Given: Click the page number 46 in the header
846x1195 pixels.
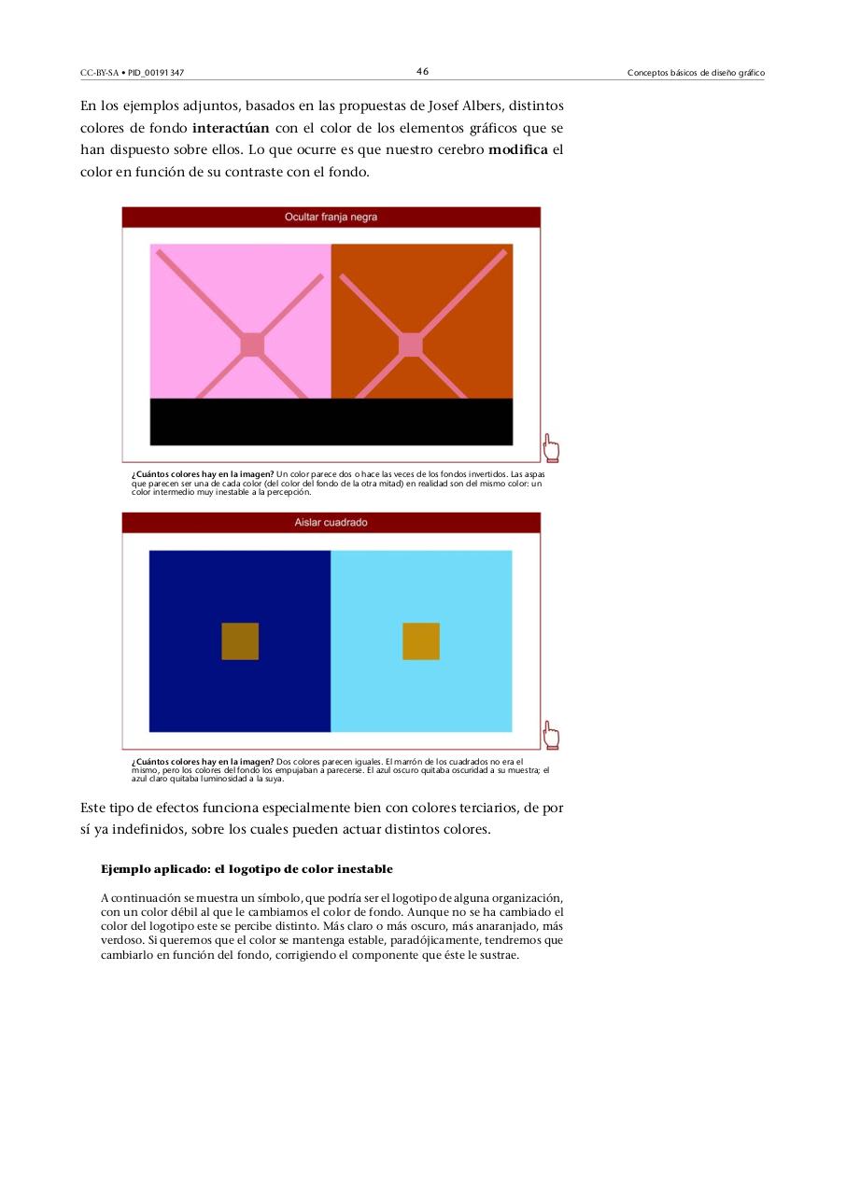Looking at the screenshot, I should click(422, 72).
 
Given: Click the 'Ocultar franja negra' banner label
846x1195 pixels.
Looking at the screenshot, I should click(331, 217).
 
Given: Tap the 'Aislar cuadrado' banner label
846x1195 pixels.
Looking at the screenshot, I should click(331, 523).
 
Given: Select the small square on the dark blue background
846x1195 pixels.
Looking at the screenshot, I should click(240, 641).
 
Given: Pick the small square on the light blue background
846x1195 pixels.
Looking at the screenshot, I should click(421, 641).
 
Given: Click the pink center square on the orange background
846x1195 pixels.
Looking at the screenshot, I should click(411, 344).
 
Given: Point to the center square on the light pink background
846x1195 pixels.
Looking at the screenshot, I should click(252, 344).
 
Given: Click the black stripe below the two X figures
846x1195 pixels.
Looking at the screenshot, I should click(331, 422).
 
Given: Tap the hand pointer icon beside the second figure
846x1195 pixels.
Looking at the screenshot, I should click(551, 736).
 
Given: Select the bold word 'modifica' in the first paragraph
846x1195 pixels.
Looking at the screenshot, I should click(517, 150).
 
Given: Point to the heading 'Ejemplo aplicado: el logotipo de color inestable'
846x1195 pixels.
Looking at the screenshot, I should click(247, 869).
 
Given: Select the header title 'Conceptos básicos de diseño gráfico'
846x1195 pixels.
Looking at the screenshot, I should click(696, 73).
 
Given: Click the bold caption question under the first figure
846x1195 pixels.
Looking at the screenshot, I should click(203, 474).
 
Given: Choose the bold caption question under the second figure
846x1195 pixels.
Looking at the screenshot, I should click(203, 762).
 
